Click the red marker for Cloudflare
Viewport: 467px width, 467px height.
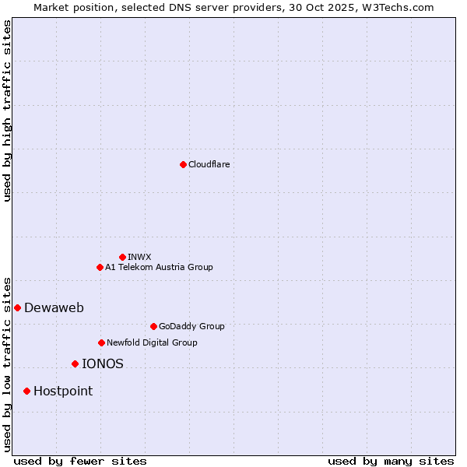click(x=183, y=164)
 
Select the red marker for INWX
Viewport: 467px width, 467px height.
click(x=122, y=257)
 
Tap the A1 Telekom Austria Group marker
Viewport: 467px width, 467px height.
click(x=100, y=267)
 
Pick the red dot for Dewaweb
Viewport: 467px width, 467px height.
click(x=17, y=307)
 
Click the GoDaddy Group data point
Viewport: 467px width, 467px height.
click(x=153, y=326)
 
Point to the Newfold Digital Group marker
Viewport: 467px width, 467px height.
click(x=101, y=342)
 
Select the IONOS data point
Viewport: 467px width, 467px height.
click(x=75, y=363)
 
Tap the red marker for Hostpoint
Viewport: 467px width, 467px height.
click(x=26, y=391)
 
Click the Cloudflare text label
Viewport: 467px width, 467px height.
click(x=209, y=164)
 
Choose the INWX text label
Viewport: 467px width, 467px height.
click(x=140, y=257)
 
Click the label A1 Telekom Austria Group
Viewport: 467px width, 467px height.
click(x=159, y=267)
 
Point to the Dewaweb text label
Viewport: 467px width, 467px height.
click(x=54, y=307)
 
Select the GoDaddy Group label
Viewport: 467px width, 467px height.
click(x=191, y=326)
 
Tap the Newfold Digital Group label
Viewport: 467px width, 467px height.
click(x=152, y=342)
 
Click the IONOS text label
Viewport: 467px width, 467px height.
click(x=103, y=363)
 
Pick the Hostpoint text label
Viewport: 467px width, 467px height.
click(x=63, y=391)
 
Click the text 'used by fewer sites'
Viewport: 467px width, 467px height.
click(x=80, y=461)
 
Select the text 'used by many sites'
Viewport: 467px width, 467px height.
click(x=391, y=461)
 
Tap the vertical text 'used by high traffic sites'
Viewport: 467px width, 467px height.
click(x=8, y=111)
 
